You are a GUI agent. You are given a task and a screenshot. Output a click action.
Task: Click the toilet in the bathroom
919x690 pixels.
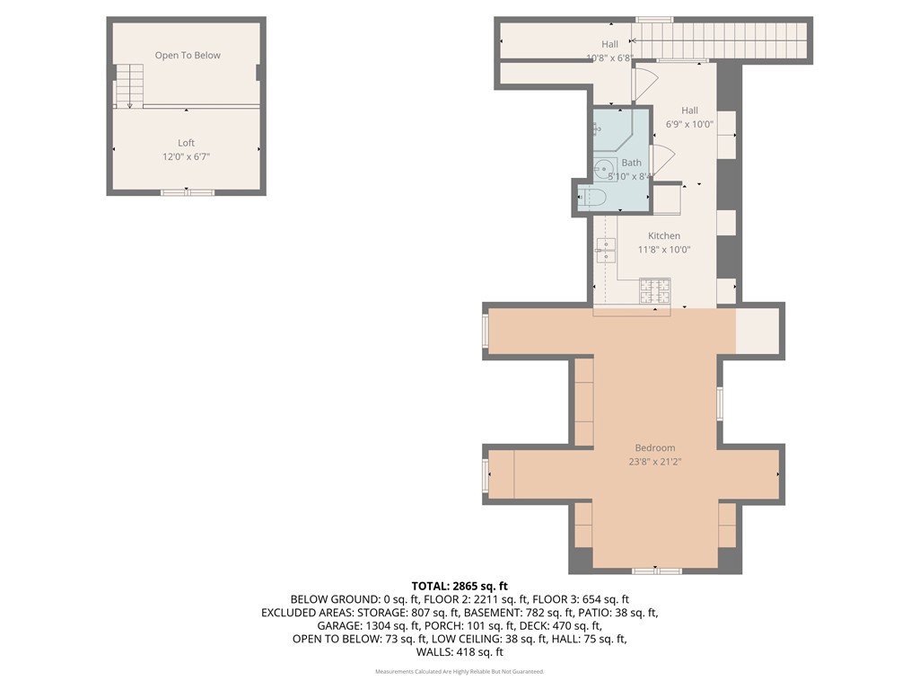coord(593,198)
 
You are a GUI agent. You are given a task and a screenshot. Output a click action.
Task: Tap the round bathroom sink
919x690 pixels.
coord(604,166)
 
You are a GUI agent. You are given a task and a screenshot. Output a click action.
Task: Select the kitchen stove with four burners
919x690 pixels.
coord(654,290)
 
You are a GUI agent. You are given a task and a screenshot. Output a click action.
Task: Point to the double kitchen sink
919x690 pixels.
coord(606,251)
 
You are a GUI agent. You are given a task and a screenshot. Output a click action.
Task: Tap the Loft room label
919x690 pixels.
coord(186,143)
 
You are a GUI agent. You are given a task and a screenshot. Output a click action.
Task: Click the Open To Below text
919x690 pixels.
coord(188,56)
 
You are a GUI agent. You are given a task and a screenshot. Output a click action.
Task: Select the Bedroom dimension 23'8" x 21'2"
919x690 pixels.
coord(655,464)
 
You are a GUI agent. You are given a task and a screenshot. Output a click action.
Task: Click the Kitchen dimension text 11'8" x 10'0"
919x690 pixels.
coord(664,250)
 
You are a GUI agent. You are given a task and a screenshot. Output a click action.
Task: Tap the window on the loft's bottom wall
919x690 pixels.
coord(188,192)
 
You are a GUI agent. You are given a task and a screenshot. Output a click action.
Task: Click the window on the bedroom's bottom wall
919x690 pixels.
coord(655,571)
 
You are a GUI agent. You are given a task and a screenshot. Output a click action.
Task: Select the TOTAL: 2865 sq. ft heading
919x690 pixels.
coord(459,586)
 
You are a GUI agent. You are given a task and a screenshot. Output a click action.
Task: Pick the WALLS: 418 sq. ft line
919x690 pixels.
coord(459,652)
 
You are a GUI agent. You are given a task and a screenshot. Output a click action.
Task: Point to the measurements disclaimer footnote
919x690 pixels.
coord(459,672)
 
